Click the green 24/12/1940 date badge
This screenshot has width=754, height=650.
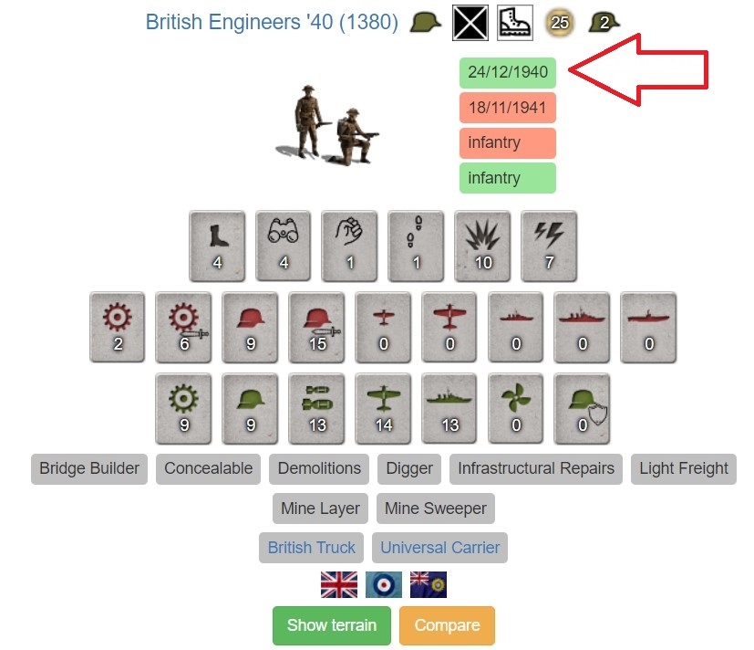(507, 73)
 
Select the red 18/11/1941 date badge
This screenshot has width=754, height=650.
(507, 108)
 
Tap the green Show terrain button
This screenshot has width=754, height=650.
(331, 625)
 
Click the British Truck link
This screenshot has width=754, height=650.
(311, 548)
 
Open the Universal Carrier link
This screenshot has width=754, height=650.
(439, 548)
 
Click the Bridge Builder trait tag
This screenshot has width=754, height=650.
(89, 468)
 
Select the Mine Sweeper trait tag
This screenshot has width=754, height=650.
(435, 508)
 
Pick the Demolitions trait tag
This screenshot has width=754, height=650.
(319, 468)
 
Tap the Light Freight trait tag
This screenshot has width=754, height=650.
(683, 468)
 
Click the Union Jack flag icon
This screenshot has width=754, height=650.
(339, 584)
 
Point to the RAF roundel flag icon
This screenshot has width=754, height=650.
(384, 584)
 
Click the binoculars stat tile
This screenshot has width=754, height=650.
(284, 246)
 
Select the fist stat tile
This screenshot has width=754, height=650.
(349, 246)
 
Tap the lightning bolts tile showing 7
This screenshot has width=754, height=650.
(549, 246)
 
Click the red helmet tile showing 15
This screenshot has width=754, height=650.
(316, 327)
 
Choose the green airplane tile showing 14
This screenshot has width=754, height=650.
(383, 408)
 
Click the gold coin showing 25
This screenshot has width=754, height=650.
(559, 23)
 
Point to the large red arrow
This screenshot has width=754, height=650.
(639, 69)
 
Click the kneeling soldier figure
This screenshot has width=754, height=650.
(354, 137)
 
